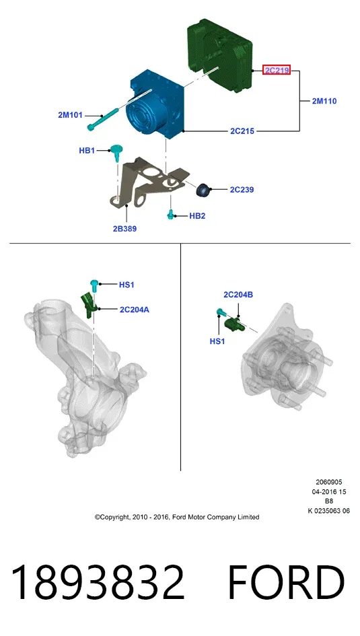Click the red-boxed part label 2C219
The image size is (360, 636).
pyautogui.click(x=277, y=71)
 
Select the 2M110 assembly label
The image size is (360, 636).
pyautogui.click(x=324, y=101)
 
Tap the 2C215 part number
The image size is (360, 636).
pyautogui.click(x=242, y=131)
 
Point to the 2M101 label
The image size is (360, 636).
pyautogui.click(x=70, y=115)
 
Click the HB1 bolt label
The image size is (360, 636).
pyautogui.click(x=87, y=151)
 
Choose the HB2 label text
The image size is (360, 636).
pyautogui.click(x=197, y=216)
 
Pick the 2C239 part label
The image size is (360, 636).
pyautogui.click(x=242, y=189)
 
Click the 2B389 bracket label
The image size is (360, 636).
pyautogui.click(x=125, y=229)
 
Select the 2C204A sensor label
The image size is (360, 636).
pyautogui.click(x=134, y=310)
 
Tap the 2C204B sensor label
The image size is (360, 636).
pyautogui.click(x=238, y=295)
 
